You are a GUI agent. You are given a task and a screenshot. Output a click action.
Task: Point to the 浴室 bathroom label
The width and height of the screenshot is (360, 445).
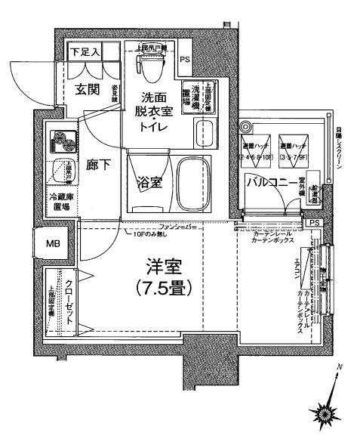148,183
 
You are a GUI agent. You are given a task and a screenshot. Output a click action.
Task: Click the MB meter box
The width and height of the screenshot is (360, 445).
53,243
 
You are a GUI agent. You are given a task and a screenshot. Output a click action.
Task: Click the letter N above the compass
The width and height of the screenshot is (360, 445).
340,368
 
